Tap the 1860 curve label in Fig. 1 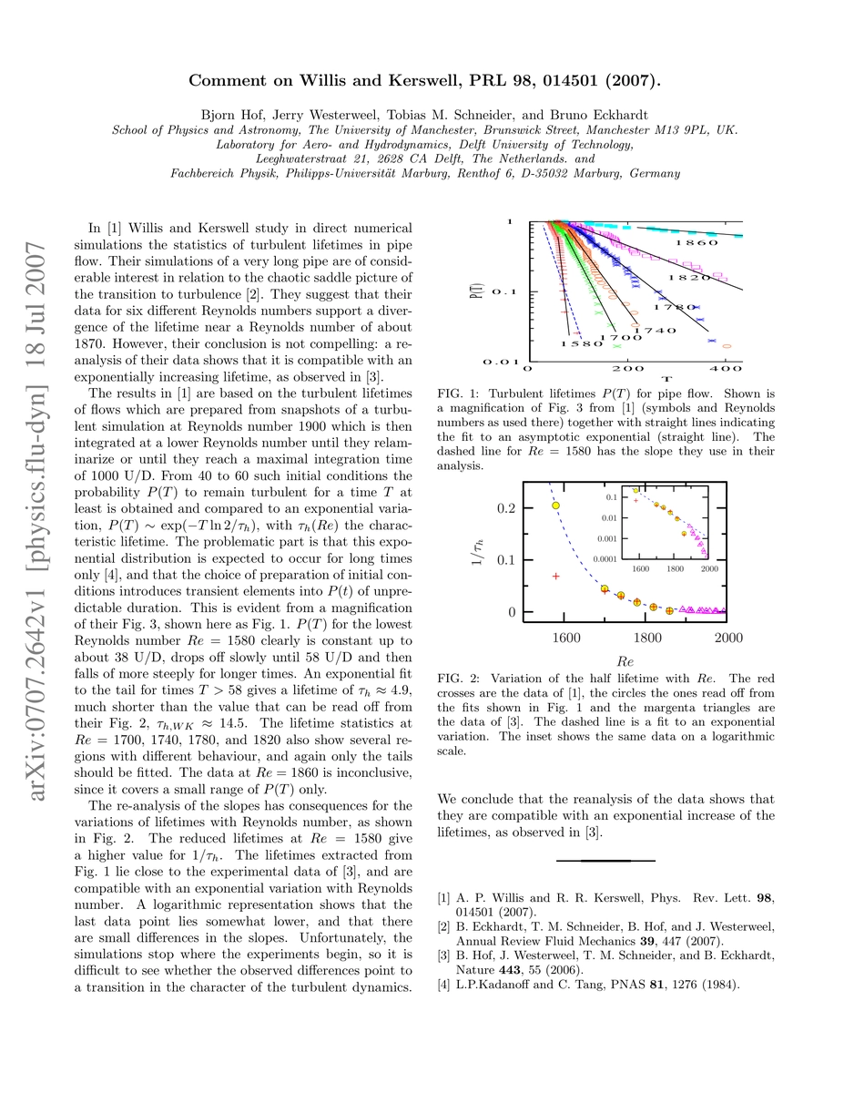pos(696,243)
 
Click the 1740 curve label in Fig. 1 pos(654,330)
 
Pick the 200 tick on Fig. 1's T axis pos(628,369)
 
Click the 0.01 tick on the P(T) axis pos(500,362)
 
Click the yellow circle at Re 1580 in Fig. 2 pos(556,505)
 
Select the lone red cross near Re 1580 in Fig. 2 pos(556,576)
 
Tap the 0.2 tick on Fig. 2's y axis pos(504,507)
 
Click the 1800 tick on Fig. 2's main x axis pos(647,638)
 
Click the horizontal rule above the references pos(605,860)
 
